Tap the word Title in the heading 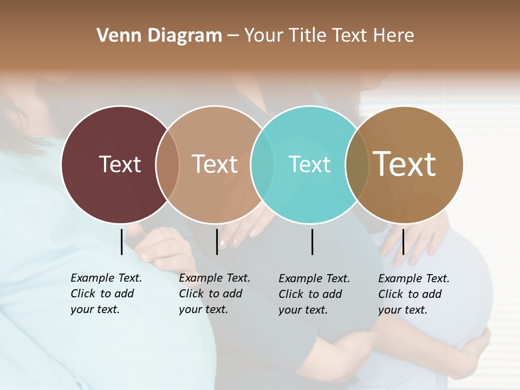click(x=308, y=36)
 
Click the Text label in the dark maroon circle click(x=120, y=164)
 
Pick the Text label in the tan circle click(x=214, y=164)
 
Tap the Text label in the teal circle click(x=309, y=164)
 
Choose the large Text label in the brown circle click(x=405, y=164)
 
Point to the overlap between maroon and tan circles click(x=167, y=165)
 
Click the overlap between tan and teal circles click(x=262, y=165)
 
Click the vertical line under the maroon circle click(x=121, y=241)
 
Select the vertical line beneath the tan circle click(x=217, y=241)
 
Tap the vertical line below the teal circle click(x=313, y=241)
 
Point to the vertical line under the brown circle click(x=403, y=241)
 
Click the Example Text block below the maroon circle click(x=106, y=294)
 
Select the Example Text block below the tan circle click(x=214, y=294)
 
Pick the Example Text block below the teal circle click(x=314, y=294)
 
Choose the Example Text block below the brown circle click(x=414, y=294)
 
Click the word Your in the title click(x=264, y=36)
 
